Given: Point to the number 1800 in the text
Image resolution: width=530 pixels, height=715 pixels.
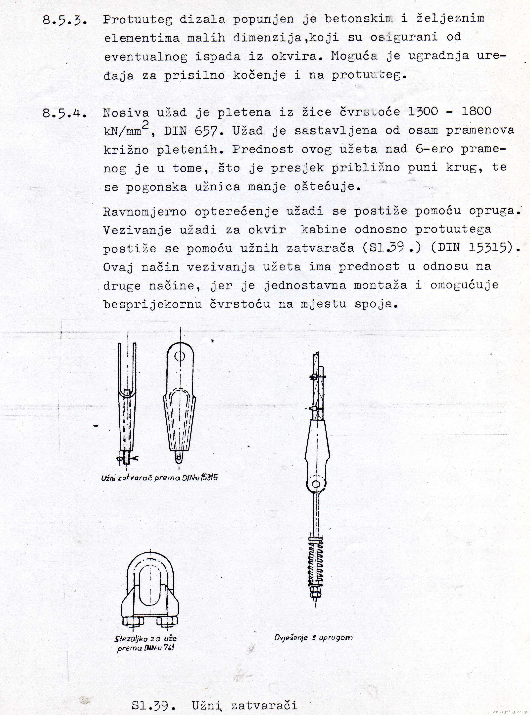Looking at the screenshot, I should pos(477,111).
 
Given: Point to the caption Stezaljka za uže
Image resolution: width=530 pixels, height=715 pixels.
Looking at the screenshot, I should pos(145,639).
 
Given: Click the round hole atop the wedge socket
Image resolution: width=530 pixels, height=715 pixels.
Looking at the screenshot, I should pos(180,356).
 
